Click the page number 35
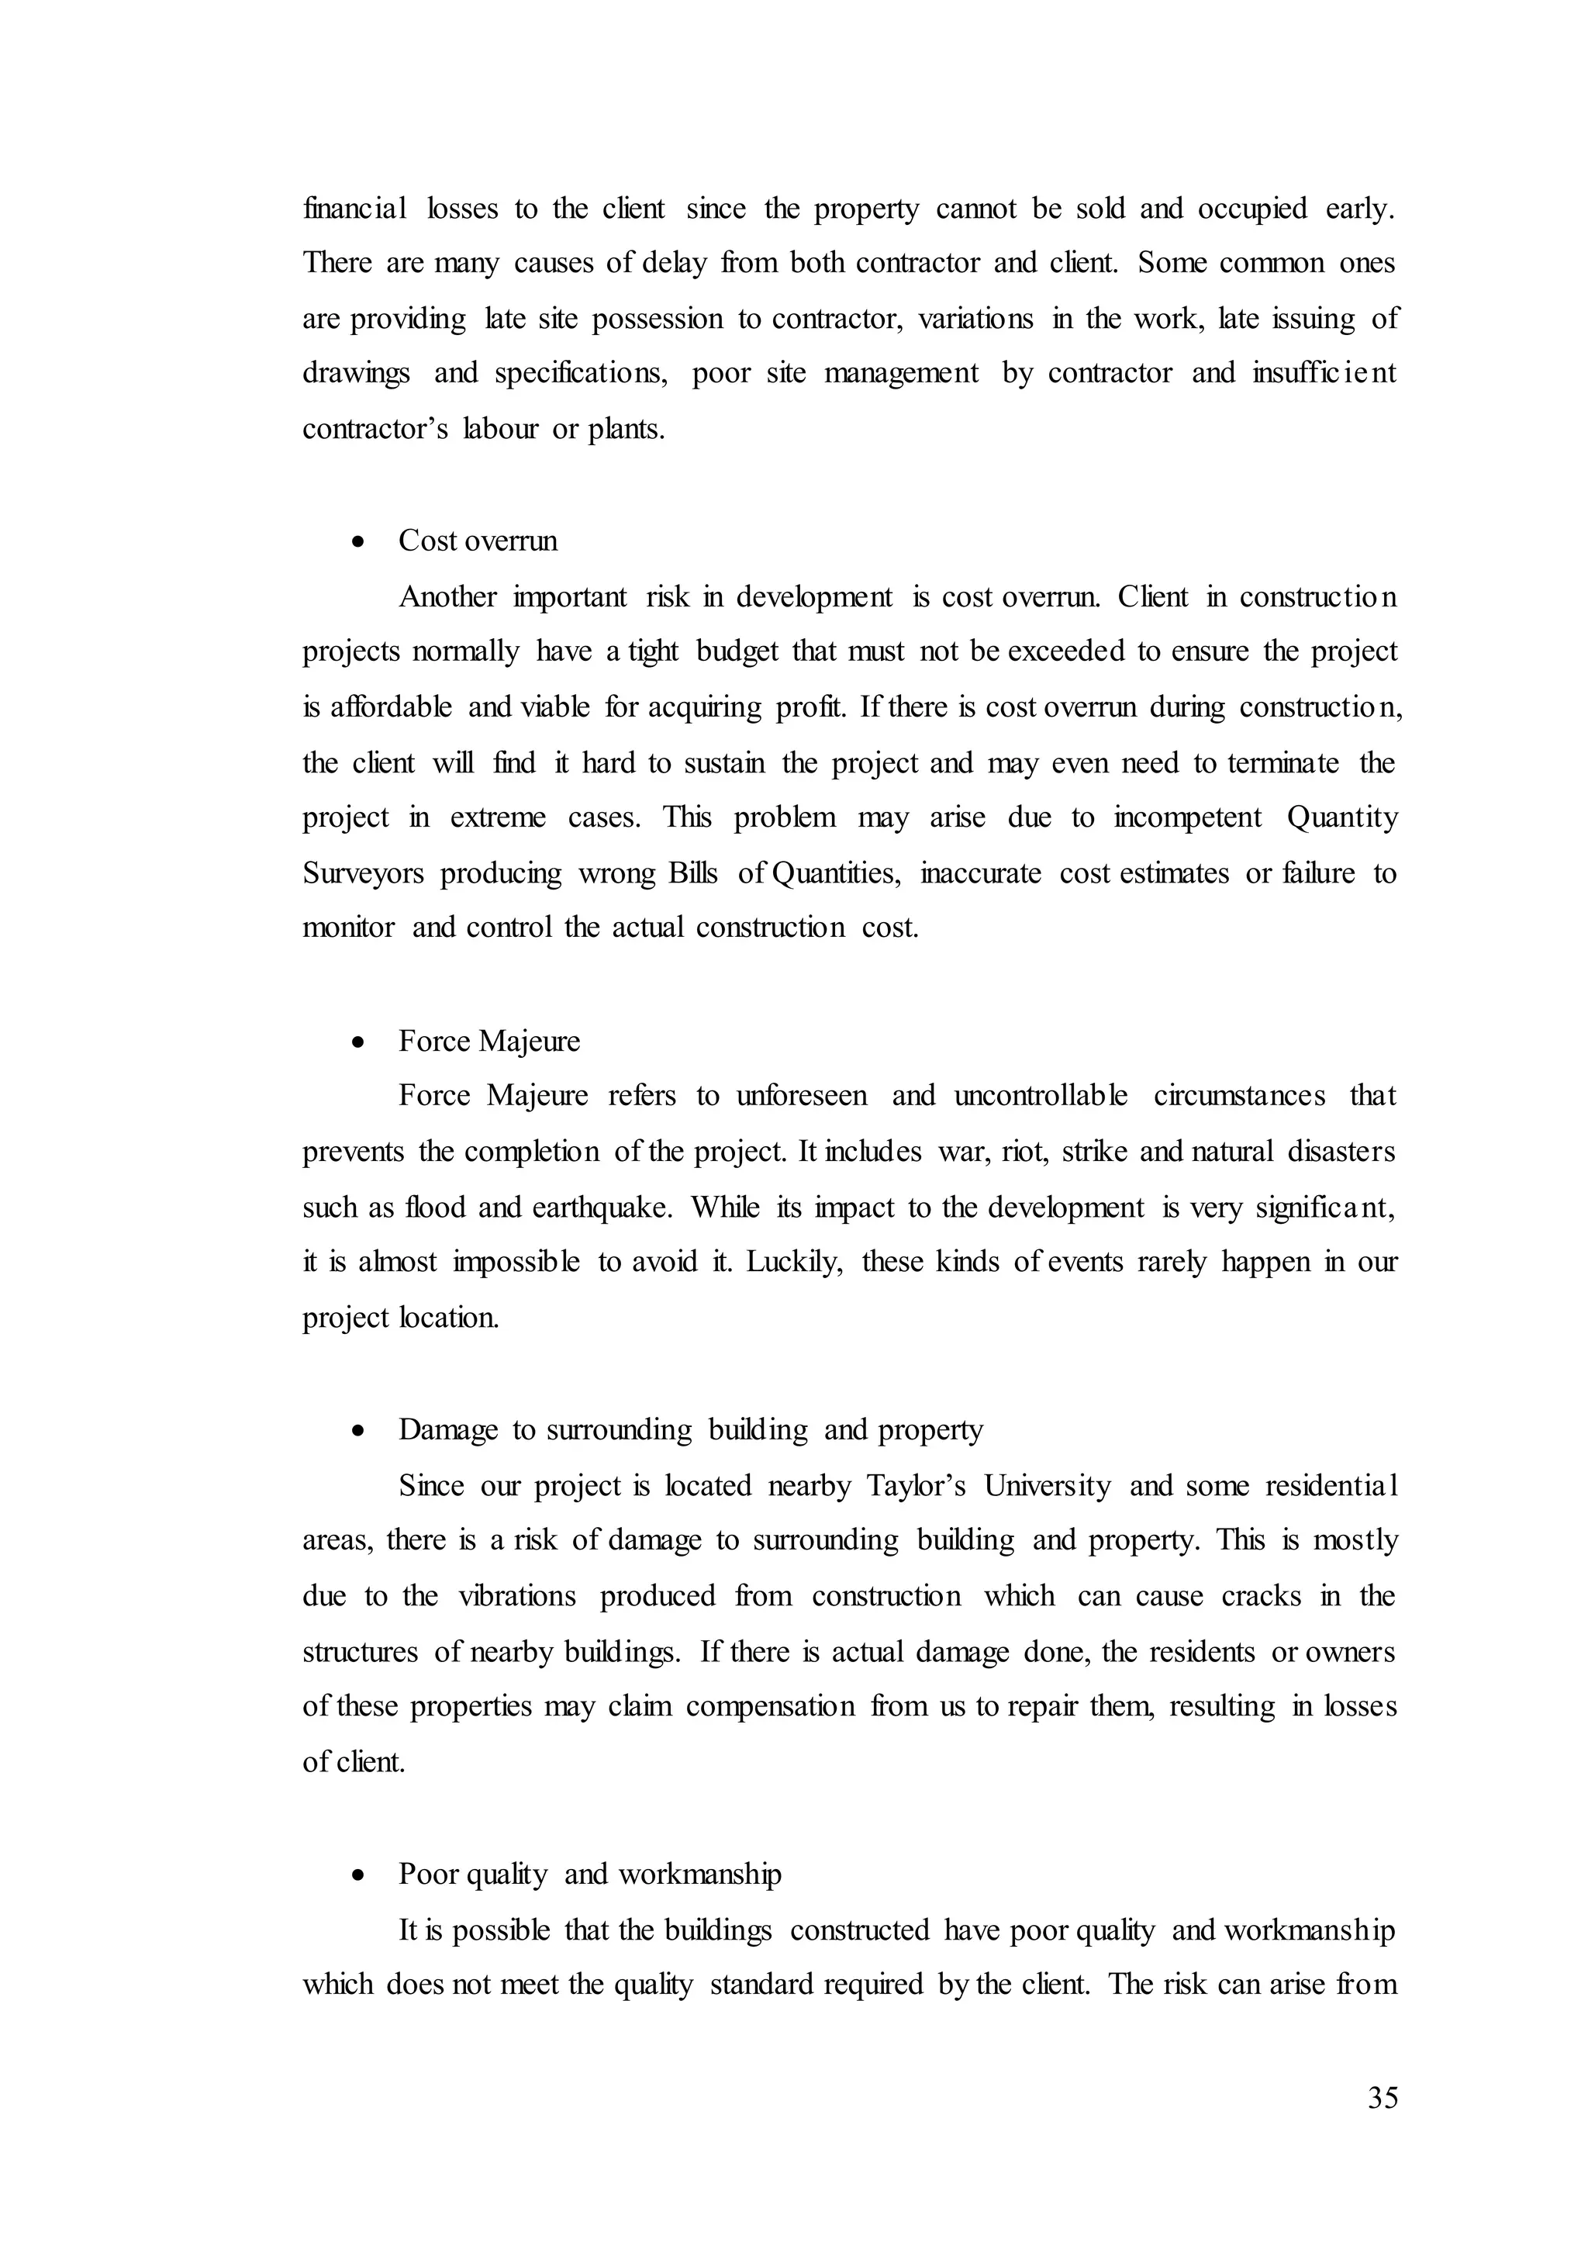pyautogui.click(x=1383, y=2099)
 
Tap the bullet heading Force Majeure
pyautogui.click(x=489, y=1041)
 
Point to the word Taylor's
pyautogui.click(x=917, y=1486)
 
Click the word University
pyautogui.click(x=1048, y=1486)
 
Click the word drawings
pyautogui.click(x=356, y=374)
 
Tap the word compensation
pyautogui.click(x=769, y=1707)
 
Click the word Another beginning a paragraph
pyautogui.click(x=448, y=596)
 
